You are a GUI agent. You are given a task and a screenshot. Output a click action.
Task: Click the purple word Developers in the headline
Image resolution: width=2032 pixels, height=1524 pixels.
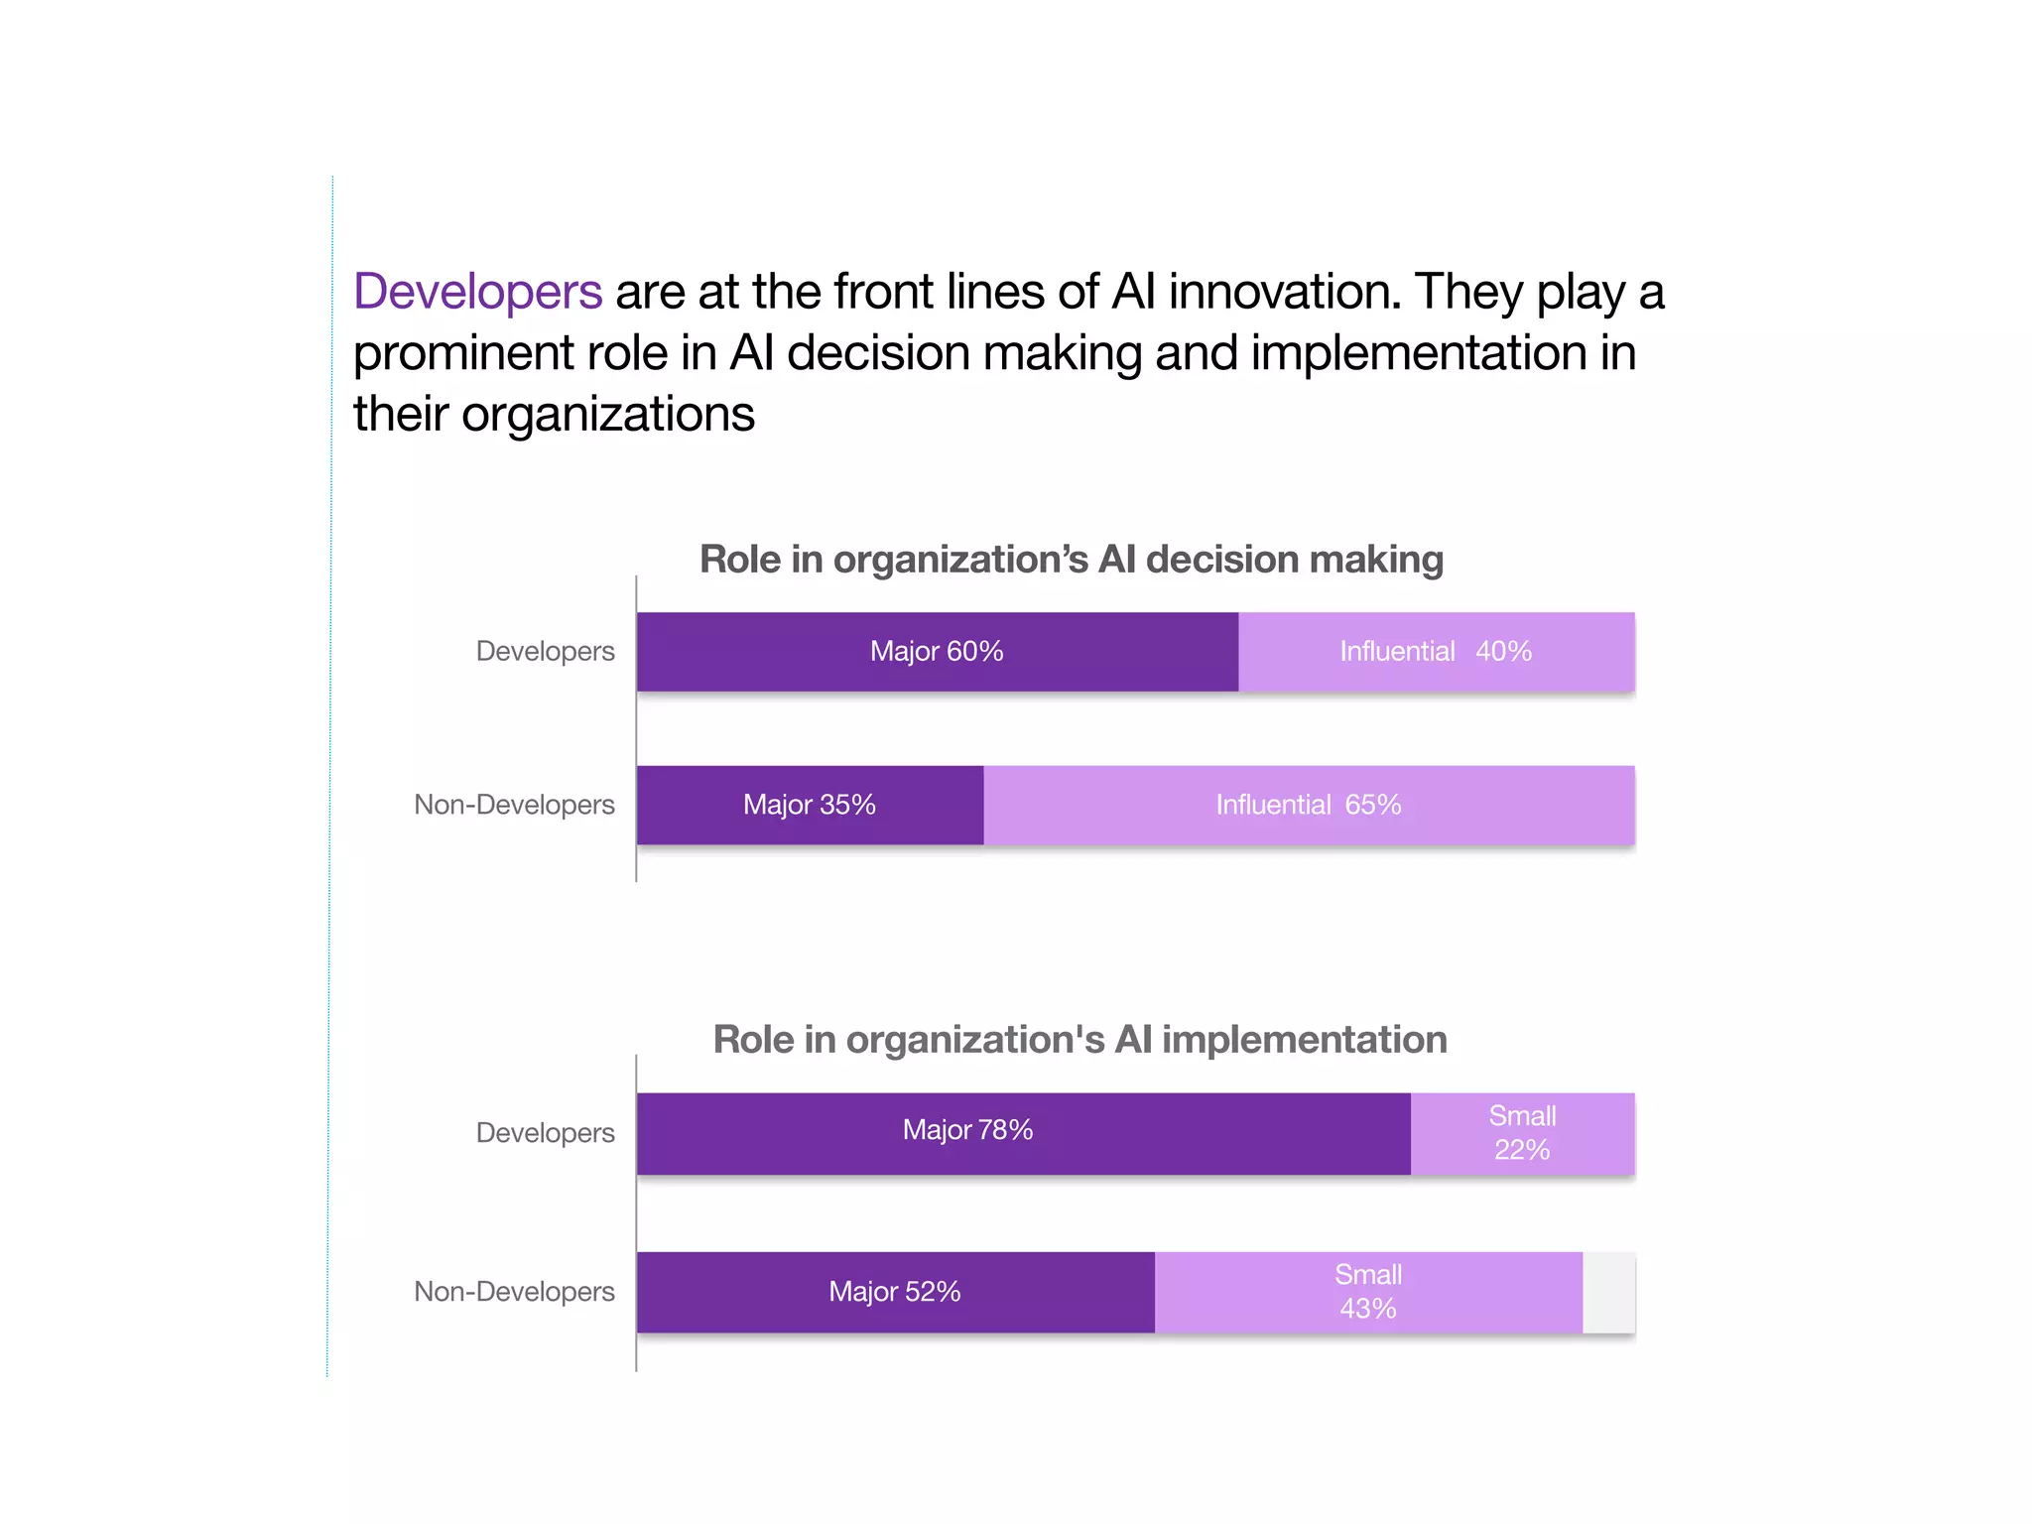pyautogui.click(x=477, y=292)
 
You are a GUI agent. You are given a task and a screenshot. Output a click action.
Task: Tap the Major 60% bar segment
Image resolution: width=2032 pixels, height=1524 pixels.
pyautogui.click(x=937, y=652)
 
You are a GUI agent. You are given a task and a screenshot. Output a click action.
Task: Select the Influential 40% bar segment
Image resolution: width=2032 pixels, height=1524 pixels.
pyautogui.click(x=1436, y=652)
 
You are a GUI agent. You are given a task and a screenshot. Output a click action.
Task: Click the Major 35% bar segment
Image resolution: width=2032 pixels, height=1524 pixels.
pyautogui.click(x=810, y=805)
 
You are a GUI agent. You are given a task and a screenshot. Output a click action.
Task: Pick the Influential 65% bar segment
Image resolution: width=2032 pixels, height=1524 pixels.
pyautogui.click(x=1308, y=805)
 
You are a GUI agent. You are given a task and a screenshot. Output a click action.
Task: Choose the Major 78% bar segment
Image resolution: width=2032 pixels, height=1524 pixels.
pyautogui.click(x=1022, y=1133)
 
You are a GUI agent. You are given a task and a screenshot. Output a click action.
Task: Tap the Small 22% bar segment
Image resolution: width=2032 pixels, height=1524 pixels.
pyautogui.click(x=1522, y=1133)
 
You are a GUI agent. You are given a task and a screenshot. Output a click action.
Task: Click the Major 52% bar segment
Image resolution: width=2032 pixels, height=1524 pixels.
pyautogui.click(x=895, y=1292)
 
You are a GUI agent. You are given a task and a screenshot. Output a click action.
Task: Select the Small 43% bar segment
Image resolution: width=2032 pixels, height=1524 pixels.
pyautogui.click(x=1367, y=1292)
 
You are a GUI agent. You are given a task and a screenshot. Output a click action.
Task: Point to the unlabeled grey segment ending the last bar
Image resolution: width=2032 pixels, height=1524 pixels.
pyautogui.click(x=1608, y=1293)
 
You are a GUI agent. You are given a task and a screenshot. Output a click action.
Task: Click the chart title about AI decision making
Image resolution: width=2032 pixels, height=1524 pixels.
pyautogui.click(x=1071, y=560)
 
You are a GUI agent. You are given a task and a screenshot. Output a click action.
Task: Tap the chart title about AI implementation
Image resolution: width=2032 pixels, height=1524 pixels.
pyautogui.click(x=1079, y=1040)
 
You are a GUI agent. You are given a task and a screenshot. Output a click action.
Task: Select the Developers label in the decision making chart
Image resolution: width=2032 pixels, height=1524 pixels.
pyautogui.click(x=545, y=652)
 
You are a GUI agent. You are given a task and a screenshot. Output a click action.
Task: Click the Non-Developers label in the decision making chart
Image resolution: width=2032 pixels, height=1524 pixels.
pyautogui.click(x=514, y=805)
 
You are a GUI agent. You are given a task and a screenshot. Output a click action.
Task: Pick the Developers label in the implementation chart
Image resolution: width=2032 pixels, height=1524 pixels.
pyautogui.click(x=545, y=1133)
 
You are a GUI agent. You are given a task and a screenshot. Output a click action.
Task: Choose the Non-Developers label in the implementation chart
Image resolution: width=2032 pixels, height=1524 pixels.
pyautogui.click(x=514, y=1292)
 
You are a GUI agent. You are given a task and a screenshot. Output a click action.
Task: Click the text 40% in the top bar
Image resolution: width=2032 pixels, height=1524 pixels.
pyautogui.click(x=1503, y=652)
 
